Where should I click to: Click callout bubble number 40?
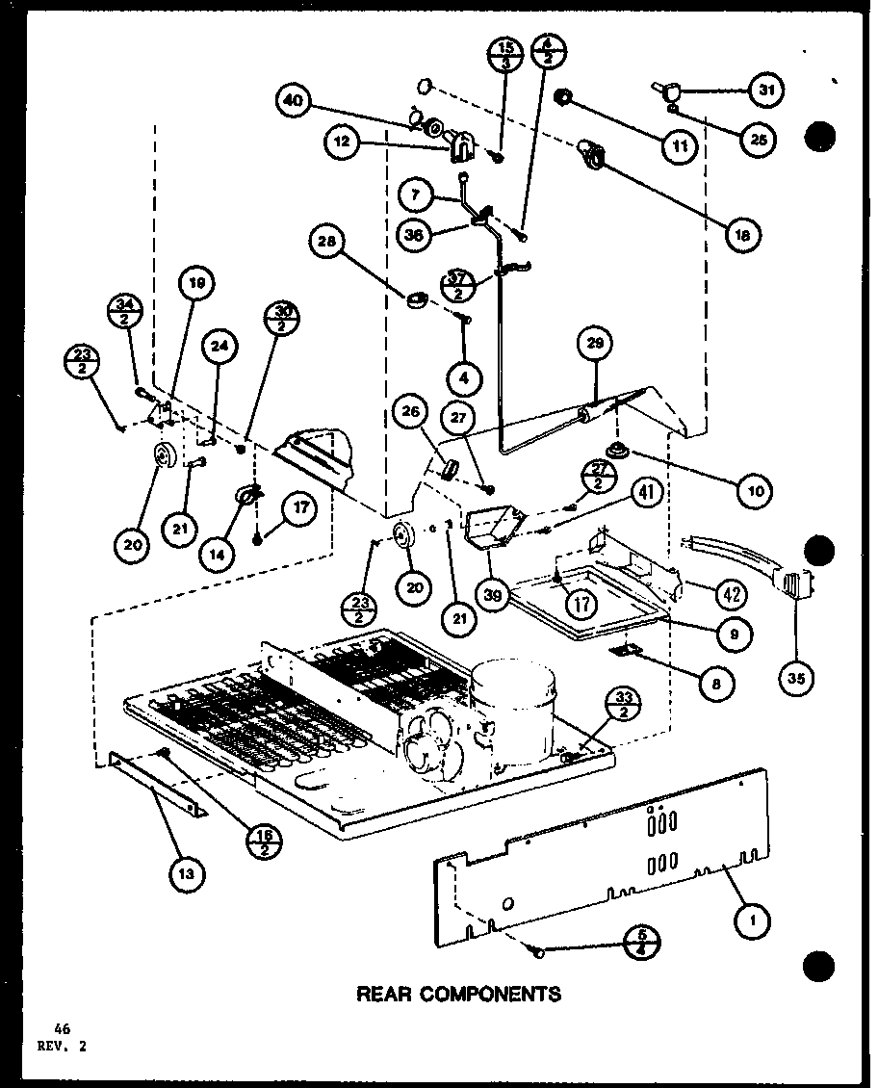point(294,99)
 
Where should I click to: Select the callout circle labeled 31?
point(765,91)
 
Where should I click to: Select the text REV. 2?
point(63,1048)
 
